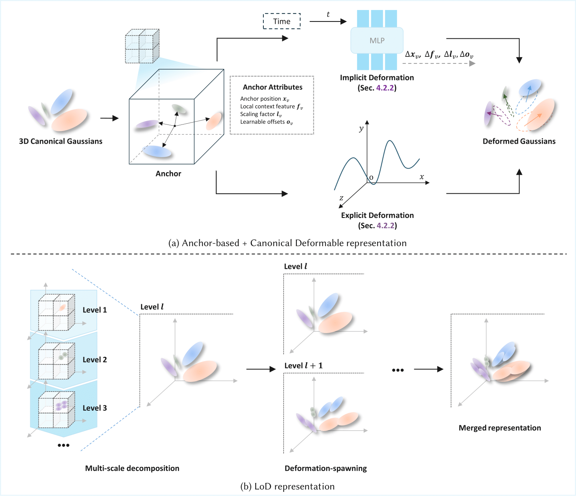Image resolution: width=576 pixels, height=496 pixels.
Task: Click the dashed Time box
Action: pyautogui.click(x=281, y=22)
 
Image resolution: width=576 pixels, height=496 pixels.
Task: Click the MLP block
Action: pyautogui.click(x=377, y=40)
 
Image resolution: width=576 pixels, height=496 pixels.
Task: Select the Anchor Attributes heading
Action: pyautogui.click(x=272, y=87)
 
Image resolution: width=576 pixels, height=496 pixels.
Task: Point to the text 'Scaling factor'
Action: pyautogui.click(x=258, y=114)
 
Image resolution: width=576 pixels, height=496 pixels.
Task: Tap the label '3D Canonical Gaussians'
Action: pyautogui.click(x=61, y=141)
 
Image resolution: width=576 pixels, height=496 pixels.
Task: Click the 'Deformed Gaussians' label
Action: pyautogui.click(x=519, y=141)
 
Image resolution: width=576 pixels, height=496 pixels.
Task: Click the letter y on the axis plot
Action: pyautogui.click(x=361, y=129)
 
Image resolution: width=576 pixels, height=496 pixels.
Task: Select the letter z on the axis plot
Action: pyautogui.click(x=341, y=198)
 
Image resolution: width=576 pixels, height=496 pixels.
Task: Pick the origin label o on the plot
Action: pyautogui.click(x=371, y=177)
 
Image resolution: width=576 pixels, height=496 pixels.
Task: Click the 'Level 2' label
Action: pyautogui.click(x=94, y=360)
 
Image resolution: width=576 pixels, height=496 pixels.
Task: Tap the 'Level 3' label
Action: pyautogui.click(x=94, y=408)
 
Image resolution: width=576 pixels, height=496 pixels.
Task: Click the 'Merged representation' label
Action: pyautogui.click(x=500, y=428)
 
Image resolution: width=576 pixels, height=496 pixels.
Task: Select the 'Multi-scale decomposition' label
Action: pyautogui.click(x=132, y=468)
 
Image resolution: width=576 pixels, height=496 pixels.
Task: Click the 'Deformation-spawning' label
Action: pyautogui.click(x=326, y=468)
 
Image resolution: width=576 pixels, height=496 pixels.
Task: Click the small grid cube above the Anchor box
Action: pyautogui.click(x=142, y=46)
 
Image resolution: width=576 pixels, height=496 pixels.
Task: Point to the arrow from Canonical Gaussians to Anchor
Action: pyautogui.click(x=109, y=118)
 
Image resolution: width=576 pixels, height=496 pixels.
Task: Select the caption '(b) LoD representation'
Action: pyautogui.click(x=287, y=486)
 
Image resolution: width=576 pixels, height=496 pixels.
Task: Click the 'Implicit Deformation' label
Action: pyautogui.click(x=377, y=78)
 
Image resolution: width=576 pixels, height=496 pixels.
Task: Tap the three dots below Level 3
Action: pyautogui.click(x=63, y=445)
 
